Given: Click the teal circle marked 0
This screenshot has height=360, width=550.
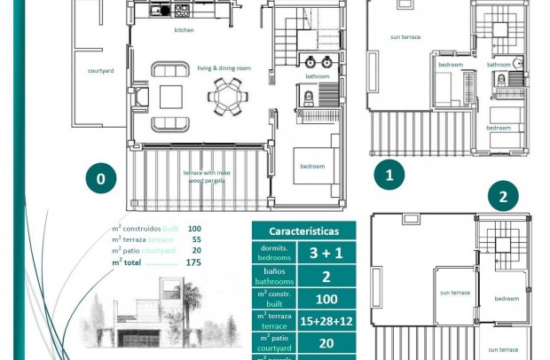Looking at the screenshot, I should [101, 178].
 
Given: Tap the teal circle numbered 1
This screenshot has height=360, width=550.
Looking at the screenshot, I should [389, 175].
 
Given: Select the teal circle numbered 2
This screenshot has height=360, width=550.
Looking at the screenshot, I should [503, 197].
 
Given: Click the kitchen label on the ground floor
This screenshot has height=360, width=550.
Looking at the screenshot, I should [184, 30].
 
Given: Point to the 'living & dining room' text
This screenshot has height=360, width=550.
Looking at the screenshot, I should [224, 67].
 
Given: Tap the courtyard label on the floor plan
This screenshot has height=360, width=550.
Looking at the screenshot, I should [99, 69].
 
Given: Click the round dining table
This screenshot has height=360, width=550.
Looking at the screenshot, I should [229, 93].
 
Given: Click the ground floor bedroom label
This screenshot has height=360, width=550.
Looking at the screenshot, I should [311, 166].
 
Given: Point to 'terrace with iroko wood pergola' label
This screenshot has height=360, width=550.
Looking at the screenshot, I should [203, 176].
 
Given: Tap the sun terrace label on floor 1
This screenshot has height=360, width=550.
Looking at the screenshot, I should [405, 37].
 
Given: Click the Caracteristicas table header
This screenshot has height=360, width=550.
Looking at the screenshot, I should [303, 230].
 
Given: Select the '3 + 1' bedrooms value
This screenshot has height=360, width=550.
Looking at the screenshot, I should [326, 253].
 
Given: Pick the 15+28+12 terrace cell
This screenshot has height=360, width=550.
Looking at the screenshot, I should [326, 321].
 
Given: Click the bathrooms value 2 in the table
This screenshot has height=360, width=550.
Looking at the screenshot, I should [326, 276].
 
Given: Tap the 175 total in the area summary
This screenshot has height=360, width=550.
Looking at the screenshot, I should [193, 262].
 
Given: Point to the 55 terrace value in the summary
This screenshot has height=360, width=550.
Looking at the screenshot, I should [196, 239].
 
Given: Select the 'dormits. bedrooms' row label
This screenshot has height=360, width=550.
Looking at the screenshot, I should [273, 253].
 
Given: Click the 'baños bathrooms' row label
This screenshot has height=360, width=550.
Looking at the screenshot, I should [273, 276].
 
